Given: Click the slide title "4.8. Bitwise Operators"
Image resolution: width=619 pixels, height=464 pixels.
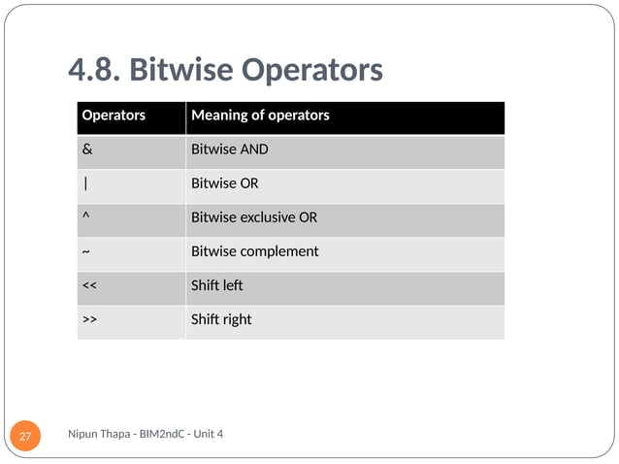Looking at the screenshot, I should click(225, 71).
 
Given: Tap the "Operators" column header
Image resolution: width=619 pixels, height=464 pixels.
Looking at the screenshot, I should click(114, 116).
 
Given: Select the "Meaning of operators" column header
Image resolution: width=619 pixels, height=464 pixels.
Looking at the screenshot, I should click(260, 116).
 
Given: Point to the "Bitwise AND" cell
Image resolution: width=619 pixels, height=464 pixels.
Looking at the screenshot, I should click(230, 149).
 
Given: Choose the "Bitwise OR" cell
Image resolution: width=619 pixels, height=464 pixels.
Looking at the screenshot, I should click(225, 183).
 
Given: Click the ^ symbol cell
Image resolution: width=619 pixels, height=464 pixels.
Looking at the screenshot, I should click(86, 217).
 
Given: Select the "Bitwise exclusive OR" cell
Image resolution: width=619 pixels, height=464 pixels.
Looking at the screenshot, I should click(254, 217).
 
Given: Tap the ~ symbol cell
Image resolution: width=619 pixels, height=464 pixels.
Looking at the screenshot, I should click(86, 251).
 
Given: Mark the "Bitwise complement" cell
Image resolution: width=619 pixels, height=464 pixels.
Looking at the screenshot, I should click(255, 251).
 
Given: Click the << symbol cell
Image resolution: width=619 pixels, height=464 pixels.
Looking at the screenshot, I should click(89, 285).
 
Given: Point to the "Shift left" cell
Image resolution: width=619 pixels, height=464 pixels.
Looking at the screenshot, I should click(217, 285).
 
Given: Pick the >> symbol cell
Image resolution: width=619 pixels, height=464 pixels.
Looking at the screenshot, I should click(89, 319).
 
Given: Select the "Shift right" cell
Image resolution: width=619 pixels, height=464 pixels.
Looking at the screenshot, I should click(221, 319).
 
